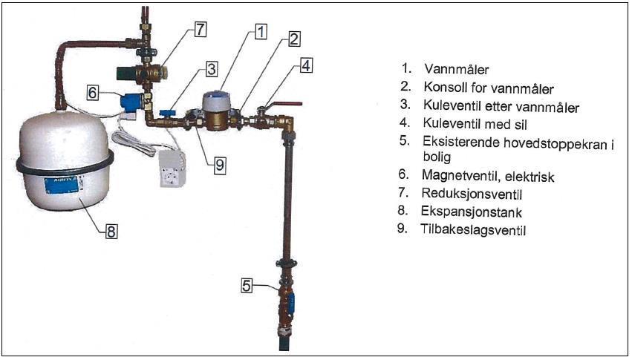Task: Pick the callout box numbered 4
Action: (x=306, y=65)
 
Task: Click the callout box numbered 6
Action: (x=93, y=93)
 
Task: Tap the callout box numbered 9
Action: (x=219, y=165)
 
